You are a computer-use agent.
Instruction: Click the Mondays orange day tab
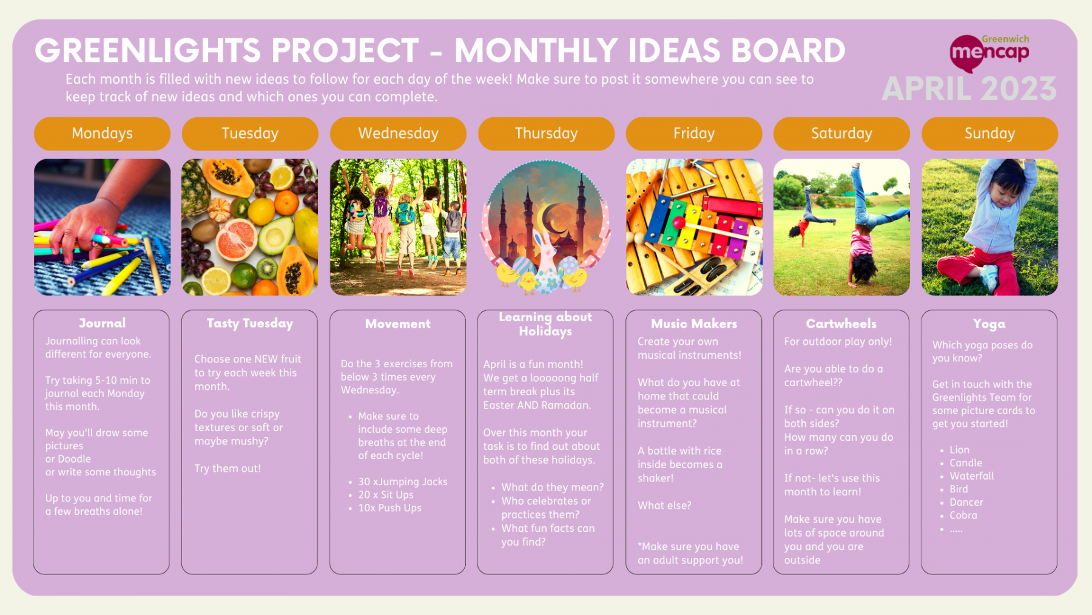tap(102, 134)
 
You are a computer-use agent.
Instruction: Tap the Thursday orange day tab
tap(546, 134)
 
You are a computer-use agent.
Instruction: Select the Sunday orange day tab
tap(989, 134)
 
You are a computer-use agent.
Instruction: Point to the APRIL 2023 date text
tap(969, 89)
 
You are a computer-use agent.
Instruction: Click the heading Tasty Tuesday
tap(250, 324)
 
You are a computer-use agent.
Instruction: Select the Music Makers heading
tap(694, 324)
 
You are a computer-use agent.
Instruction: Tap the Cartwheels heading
tap(841, 324)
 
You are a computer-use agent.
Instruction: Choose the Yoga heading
tap(989, 324)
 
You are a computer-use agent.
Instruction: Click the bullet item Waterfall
tap(972, 476)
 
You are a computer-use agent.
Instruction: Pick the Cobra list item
tap(963, 515)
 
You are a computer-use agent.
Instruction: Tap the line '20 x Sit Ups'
tap(386, 495)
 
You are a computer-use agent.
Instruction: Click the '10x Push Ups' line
tap(389, 508)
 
